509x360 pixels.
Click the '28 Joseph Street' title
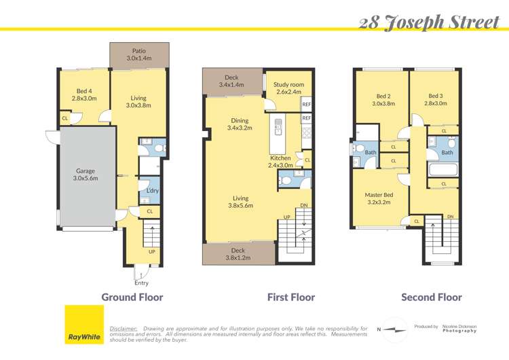[x=430, y=22]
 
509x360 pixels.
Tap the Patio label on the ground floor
[x=139, y=55]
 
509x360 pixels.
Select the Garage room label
[x=86, y=175]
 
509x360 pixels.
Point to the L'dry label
[x=152, y=191]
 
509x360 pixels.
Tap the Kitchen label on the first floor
[x=280, y=161]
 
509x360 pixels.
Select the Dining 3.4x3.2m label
[x=240, y=124]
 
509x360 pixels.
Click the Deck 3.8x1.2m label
[x=238, y=253]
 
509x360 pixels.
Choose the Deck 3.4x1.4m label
[x=231, y=81]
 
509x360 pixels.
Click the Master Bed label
[x=379, y=198]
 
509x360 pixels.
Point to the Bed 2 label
[x=383, y=100]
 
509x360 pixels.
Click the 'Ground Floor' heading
[x=132, y=297]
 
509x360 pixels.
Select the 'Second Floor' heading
[x=432, y=297]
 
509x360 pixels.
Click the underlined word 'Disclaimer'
[x=124, y=328]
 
